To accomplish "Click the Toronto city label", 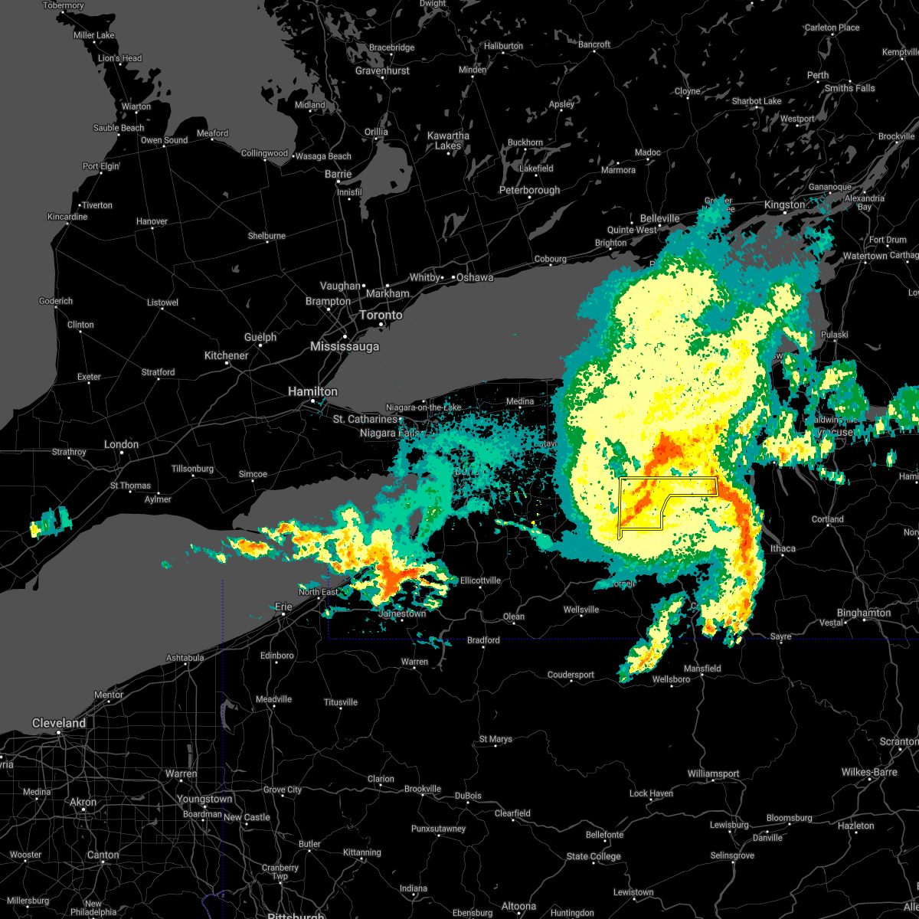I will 381,316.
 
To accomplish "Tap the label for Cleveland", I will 59,723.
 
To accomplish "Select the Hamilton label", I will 312,391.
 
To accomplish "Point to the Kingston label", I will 785,204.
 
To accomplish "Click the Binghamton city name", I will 864,613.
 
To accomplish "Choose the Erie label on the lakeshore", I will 283,607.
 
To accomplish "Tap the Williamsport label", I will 713,774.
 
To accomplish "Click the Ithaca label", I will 783,548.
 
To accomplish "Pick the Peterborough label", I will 529,190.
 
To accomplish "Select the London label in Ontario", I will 121,444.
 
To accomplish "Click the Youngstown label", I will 204,799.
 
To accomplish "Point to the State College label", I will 594,856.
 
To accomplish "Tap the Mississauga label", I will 345,347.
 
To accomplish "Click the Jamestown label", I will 402,613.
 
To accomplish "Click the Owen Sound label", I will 164,140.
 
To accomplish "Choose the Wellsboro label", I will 671,679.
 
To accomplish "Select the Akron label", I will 83,803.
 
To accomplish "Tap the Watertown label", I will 865,256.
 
